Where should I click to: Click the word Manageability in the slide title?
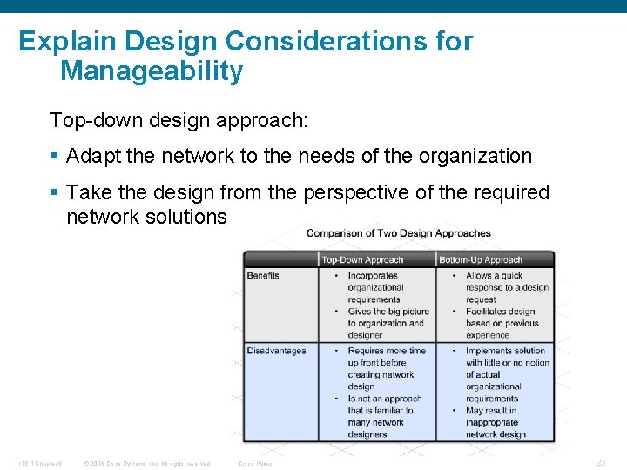(151, 71)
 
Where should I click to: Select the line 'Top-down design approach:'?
(179, 119)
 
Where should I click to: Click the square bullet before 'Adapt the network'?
(55, 157)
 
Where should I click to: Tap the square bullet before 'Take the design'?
(55, 192)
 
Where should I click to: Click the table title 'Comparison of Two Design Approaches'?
(398, 233)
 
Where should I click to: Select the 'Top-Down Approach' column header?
(362, 259)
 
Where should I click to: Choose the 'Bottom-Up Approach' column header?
(481, 259)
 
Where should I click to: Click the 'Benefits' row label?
(263, 275)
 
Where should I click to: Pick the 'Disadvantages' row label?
(276, 351)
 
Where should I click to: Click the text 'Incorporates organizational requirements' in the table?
(375, 287)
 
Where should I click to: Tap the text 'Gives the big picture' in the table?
(388, 312)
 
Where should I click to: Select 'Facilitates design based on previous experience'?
(500, 323)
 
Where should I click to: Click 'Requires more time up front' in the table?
(387, 357)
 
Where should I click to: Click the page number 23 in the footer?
(600, 462)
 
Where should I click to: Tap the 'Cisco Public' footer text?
(255, 463)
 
